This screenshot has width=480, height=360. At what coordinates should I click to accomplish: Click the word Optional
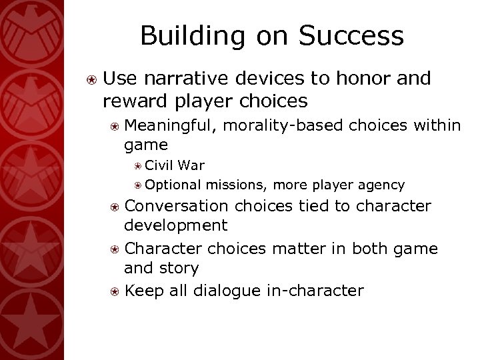click(x=174, y=185)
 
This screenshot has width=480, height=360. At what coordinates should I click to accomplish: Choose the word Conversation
click(x=176, y=206)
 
